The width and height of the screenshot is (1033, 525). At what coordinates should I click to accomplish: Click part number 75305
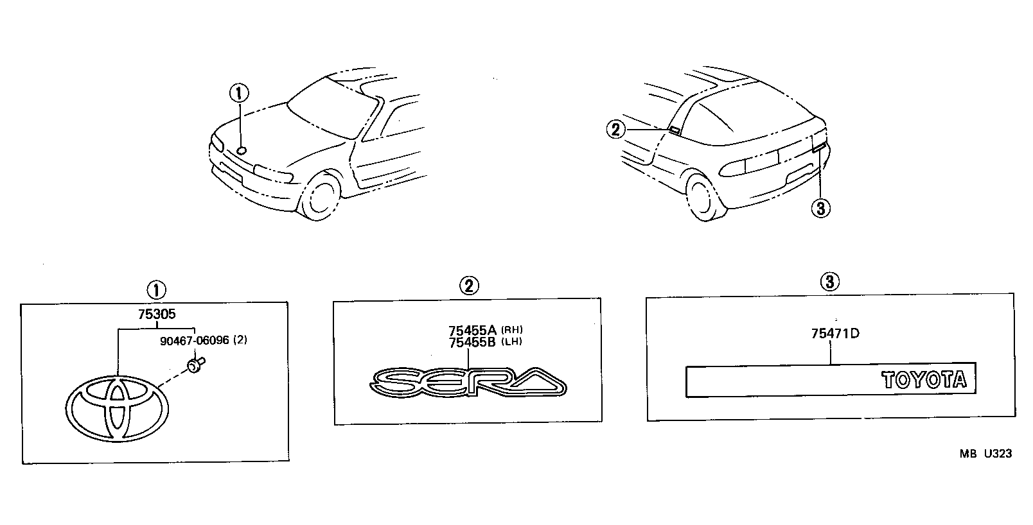coord(157,314)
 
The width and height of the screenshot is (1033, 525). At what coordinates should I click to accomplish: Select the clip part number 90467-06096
coord(195,340)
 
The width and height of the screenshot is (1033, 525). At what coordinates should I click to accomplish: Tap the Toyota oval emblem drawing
coord(117,409)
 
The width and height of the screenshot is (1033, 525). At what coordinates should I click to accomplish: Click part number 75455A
coord(473,331)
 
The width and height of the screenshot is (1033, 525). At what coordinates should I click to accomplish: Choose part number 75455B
coord(472,343)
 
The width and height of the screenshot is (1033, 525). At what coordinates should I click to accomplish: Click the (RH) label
coord(512,330)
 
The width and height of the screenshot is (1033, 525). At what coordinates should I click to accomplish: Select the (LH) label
coord(511,341)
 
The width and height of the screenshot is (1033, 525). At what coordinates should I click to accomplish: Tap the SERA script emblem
coord(468,382)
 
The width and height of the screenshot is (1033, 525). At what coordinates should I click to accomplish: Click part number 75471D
coord(835,334)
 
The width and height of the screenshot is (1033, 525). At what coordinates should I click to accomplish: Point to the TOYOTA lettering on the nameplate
coord(924,380)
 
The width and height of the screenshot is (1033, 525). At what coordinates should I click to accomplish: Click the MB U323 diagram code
coord(985,454)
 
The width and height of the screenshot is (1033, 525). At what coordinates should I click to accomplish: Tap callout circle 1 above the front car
coord(239,94)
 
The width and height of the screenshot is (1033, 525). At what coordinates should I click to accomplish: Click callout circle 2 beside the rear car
coord(615,130)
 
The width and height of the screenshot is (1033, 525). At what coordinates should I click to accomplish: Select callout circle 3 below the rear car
coord(820,209)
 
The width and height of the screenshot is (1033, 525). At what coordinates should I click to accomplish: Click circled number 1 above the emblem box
coord(156,291)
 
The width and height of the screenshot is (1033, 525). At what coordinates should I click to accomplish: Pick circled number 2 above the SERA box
coord(469,286)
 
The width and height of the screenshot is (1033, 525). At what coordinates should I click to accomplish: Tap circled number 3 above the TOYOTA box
coord(829,281)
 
